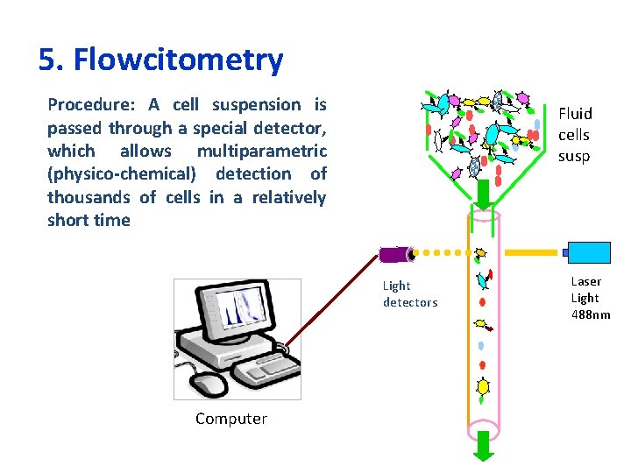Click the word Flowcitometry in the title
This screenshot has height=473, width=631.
click(x=179, y=60)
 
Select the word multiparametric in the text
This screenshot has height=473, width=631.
click(x=261, y=152)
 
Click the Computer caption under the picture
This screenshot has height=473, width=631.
click(x=231, y=419)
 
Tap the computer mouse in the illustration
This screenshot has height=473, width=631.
click(x=209, y=383)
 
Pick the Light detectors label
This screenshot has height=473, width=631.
click(x=409, y=293)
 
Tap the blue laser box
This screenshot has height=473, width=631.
click(x=588, y=252)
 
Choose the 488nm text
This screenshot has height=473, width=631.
click(x=591, y=314)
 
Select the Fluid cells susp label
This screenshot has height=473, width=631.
click(x=575, y=135)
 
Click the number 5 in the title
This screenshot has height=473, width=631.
click(x=47, y=60)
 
